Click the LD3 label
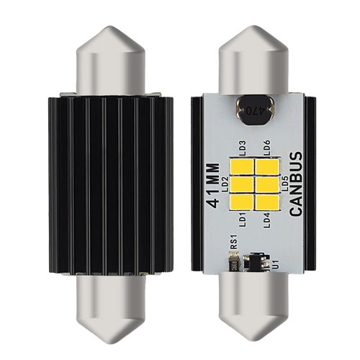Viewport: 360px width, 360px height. [x=242, y=148]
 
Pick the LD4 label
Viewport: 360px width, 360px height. [x=267, y=218]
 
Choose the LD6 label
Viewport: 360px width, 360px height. [x=267, y=148]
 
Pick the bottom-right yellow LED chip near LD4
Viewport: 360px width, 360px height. [x=266, y=202]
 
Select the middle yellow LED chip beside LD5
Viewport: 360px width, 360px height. [x=266, y=184]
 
